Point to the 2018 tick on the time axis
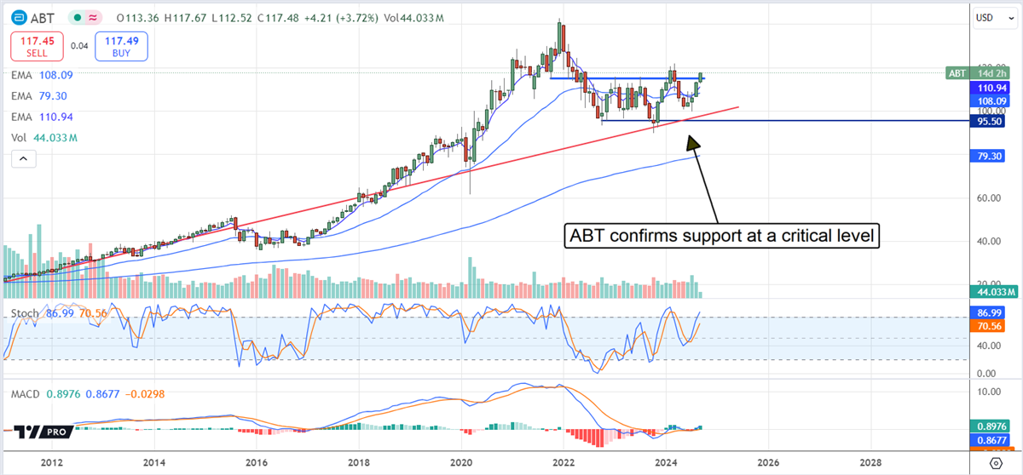358,462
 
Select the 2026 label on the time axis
767,462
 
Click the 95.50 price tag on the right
993,122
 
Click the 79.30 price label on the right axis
993,156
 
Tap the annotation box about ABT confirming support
721,236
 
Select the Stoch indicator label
24,314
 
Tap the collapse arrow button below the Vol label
23,158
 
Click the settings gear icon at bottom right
996,462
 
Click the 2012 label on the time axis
52,462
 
